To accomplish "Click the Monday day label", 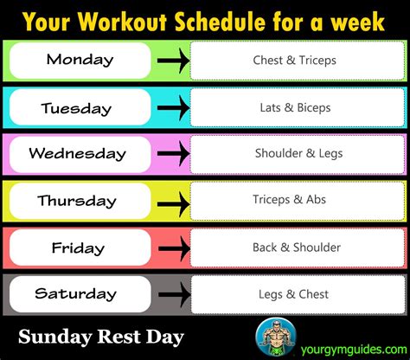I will point(80,61).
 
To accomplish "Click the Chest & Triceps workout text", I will point(293,61).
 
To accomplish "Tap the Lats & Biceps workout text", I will point(293,108).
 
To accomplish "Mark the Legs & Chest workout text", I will point(293,294).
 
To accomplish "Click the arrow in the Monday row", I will point(173,61).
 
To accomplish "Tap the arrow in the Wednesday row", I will point(173,154).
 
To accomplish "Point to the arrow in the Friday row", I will point(173,248).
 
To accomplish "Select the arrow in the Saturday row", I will point(173,294).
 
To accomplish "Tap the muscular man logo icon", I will point(274,337).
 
